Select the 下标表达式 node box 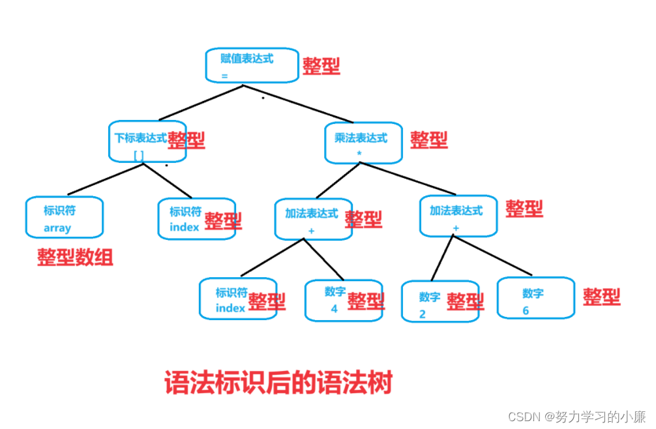147,141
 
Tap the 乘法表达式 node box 363,142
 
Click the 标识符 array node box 65,217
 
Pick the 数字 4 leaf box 343,301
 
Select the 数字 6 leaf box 535,299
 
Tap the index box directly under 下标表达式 196,218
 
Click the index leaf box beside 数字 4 237,299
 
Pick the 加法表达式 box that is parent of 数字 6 458,215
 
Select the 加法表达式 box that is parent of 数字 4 313,218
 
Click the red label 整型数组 75,258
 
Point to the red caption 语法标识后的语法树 278,383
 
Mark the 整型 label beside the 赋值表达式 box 321,65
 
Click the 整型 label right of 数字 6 601,297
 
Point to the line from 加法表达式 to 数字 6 494,256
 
